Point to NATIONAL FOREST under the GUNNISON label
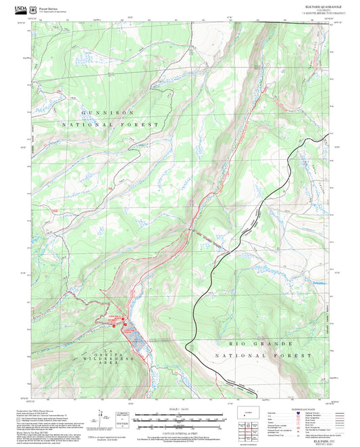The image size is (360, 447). click(120, 125)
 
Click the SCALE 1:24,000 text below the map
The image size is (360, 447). click(180, 409)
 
